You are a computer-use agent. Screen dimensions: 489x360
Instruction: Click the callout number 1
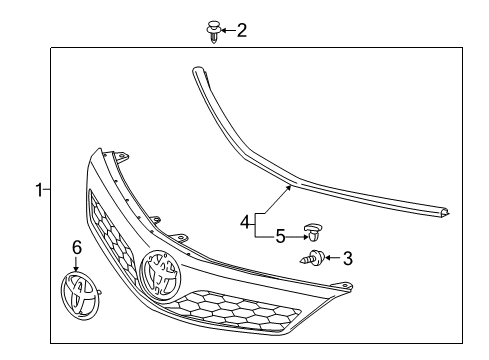[x=40, y=190]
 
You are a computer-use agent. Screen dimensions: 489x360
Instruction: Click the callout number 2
[x=241, y=30]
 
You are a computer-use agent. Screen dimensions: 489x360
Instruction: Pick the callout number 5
[x=281, y=237]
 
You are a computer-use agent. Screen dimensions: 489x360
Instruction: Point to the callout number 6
[x=76, y=245]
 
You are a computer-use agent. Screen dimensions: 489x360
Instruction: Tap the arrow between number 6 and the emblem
[x=76, y=262]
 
